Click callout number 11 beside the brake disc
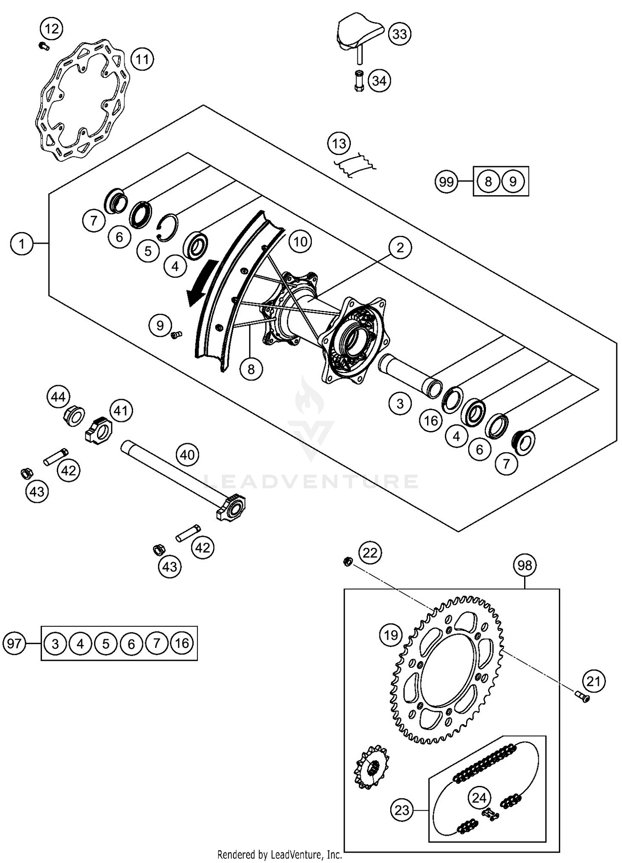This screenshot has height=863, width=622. pyautogui.click(x=142, y=59)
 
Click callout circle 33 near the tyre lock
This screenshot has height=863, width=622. pyautogui.click(x=399, y=34)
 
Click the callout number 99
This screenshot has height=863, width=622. pyautogui.click(x=446, y=182)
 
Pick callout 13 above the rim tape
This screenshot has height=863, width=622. pyautogui.click(x=339, y=144)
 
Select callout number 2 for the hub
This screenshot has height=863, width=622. pyautogui.click(x=400, y=247)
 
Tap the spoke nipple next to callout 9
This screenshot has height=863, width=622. pyautogui.click(x=176, y=334)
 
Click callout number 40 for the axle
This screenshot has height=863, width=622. pyautogui.click(x=187, y=455)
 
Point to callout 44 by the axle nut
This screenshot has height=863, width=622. pyautogui.click(x=58, y=397)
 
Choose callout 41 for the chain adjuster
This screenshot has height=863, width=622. pyautogui.click(x=121, y=411)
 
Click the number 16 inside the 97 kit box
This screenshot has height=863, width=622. pyautogui.click(x=182, y=643)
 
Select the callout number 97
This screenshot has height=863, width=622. pyautogui.click(x=14, y=643)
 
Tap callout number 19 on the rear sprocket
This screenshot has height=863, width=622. pyautogui.click(x=391, y=635)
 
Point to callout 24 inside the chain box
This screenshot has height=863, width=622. pyautogui.click(x=479, y=798)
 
